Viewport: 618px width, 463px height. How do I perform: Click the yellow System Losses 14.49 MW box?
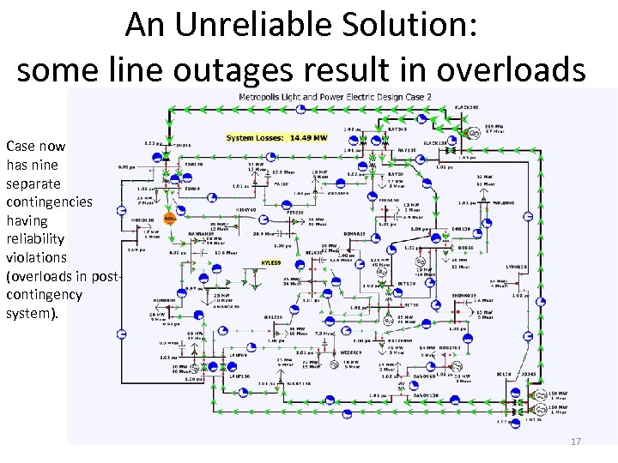pos(276,137)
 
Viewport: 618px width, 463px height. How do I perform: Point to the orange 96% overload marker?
pos(169,219)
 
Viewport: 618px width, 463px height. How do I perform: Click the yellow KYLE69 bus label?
pos(271,262)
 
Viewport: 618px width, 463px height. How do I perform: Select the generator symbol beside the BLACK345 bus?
pos(473,133)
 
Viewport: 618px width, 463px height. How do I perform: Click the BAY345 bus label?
pos(397,129)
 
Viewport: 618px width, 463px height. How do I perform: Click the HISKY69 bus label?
pos(246,209)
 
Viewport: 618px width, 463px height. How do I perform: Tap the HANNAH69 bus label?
pos(200,232)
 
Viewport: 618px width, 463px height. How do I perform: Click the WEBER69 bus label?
pos(352,351)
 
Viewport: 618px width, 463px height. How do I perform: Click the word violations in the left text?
pos(35,257)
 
